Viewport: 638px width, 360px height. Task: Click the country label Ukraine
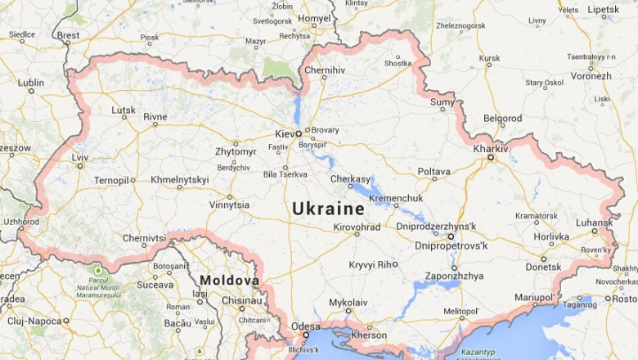pyautogui.click(x=328, y=209)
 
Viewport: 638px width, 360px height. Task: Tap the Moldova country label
pyautogui.click(x=229, y=281)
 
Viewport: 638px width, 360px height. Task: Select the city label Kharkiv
pyautogui.click(x=490, y=148)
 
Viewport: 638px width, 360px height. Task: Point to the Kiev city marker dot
pyautogui.click(x=299, y=133)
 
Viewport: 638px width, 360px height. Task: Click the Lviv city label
pyautogui.click(x=79, y=156)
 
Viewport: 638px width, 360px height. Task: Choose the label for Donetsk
pyautogui.click(x=543, y=267)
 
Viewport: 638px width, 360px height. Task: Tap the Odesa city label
pyautogui.click(x=305, y=326)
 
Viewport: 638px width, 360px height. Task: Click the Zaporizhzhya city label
pyautogui.click(x=454, y=277)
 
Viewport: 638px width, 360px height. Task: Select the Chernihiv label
pyautogui.click(x=324, y=70)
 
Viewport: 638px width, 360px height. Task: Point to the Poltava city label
pyautogui.click(x=434, y=171)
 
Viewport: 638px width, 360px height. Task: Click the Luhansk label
pyautogui.click(x=593, y=222)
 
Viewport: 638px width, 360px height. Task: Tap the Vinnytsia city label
pyautogui.click(x=229, y=205)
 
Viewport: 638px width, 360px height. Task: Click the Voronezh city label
pyautogui.click(x=591, y=76)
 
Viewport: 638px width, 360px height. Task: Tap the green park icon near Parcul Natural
pyautogui.click(x=98, y=270)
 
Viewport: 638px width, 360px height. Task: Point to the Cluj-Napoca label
pyautogui.click(x=35, y=321)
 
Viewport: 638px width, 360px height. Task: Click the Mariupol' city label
pyautogui.click(x=532, y=297)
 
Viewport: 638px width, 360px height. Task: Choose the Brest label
pyautogui.click(x=68, y=35)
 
